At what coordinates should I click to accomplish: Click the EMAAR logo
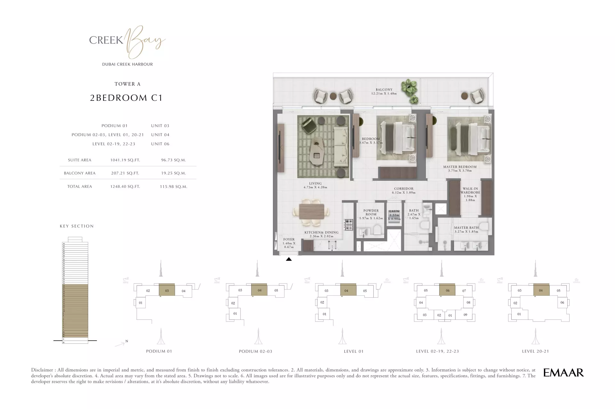[563, 373]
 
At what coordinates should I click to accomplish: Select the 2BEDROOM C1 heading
[126, 98]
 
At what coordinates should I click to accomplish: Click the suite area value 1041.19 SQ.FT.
[125, 160]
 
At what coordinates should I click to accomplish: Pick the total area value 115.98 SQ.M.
[173, 187]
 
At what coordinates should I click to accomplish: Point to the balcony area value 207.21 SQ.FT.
[125, 173]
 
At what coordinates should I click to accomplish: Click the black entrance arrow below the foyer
[289, 259]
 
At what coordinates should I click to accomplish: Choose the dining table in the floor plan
[311, 211]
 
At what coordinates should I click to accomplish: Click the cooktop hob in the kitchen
[348, 224]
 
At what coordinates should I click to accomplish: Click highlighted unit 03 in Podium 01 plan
[167, 291]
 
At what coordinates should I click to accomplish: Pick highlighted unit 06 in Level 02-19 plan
[447, 290]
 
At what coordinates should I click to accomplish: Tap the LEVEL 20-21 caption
[535, 351]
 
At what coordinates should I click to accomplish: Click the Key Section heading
[77, 226]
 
